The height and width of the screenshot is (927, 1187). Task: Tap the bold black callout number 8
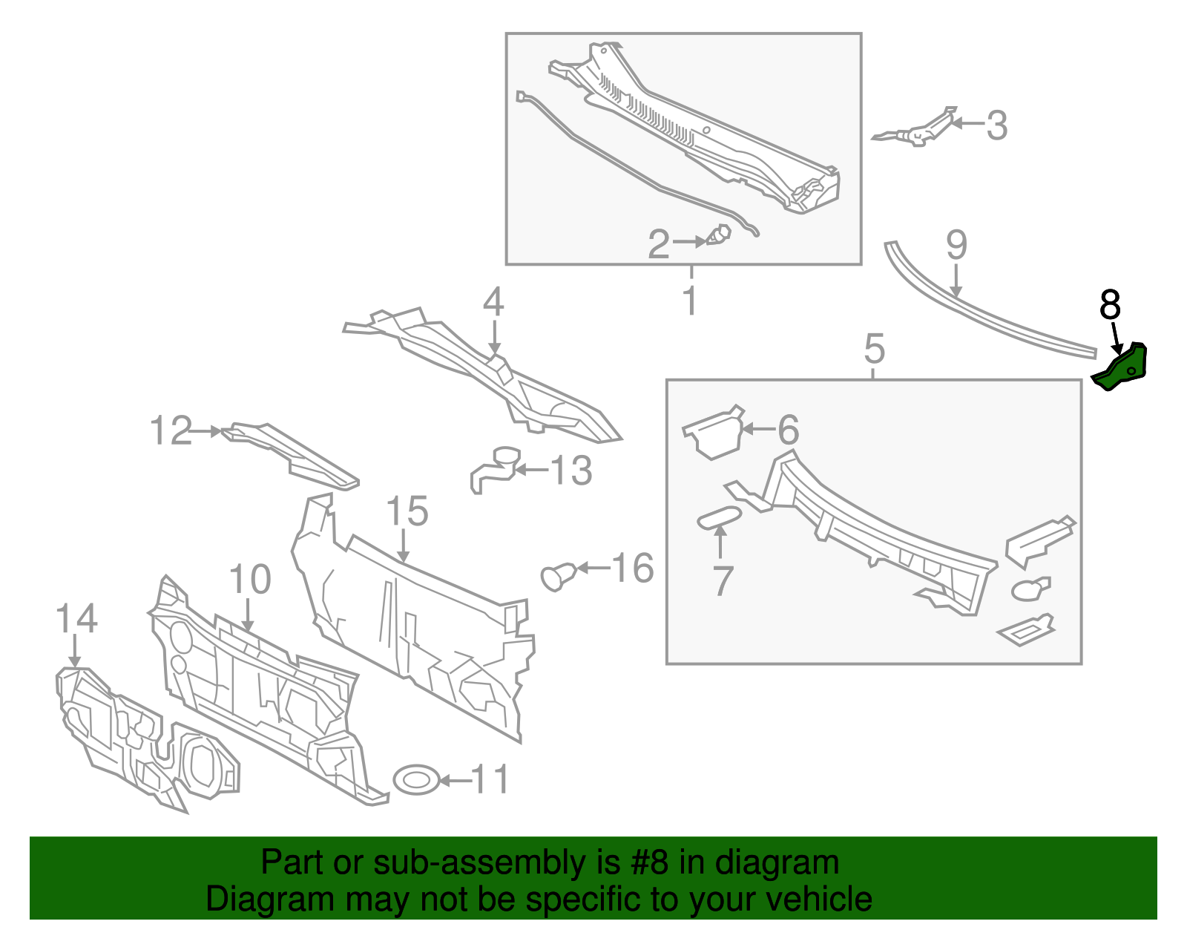tap(1110, 304)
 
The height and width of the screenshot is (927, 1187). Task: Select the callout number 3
tap(997, 125)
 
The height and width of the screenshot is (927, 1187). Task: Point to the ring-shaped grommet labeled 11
tap(415, 779)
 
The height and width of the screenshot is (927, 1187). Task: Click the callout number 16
tap(632, 569)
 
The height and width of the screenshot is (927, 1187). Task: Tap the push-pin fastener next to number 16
tap(559, 576)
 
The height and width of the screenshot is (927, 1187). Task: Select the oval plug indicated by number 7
tap(719, 518)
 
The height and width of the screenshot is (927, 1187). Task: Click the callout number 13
tap(571, 471)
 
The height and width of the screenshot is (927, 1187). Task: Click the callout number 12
tap(171, 430)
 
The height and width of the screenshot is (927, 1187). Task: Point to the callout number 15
tap(407, 511)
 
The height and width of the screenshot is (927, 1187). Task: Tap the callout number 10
tap(250, 579)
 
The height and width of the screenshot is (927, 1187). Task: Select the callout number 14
tap(76, 618)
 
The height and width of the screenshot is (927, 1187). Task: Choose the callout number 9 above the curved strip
tap(956, 245)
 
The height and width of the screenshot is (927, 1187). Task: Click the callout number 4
tap(493, 302)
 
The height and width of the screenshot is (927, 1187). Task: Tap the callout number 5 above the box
tap(875, 348)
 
